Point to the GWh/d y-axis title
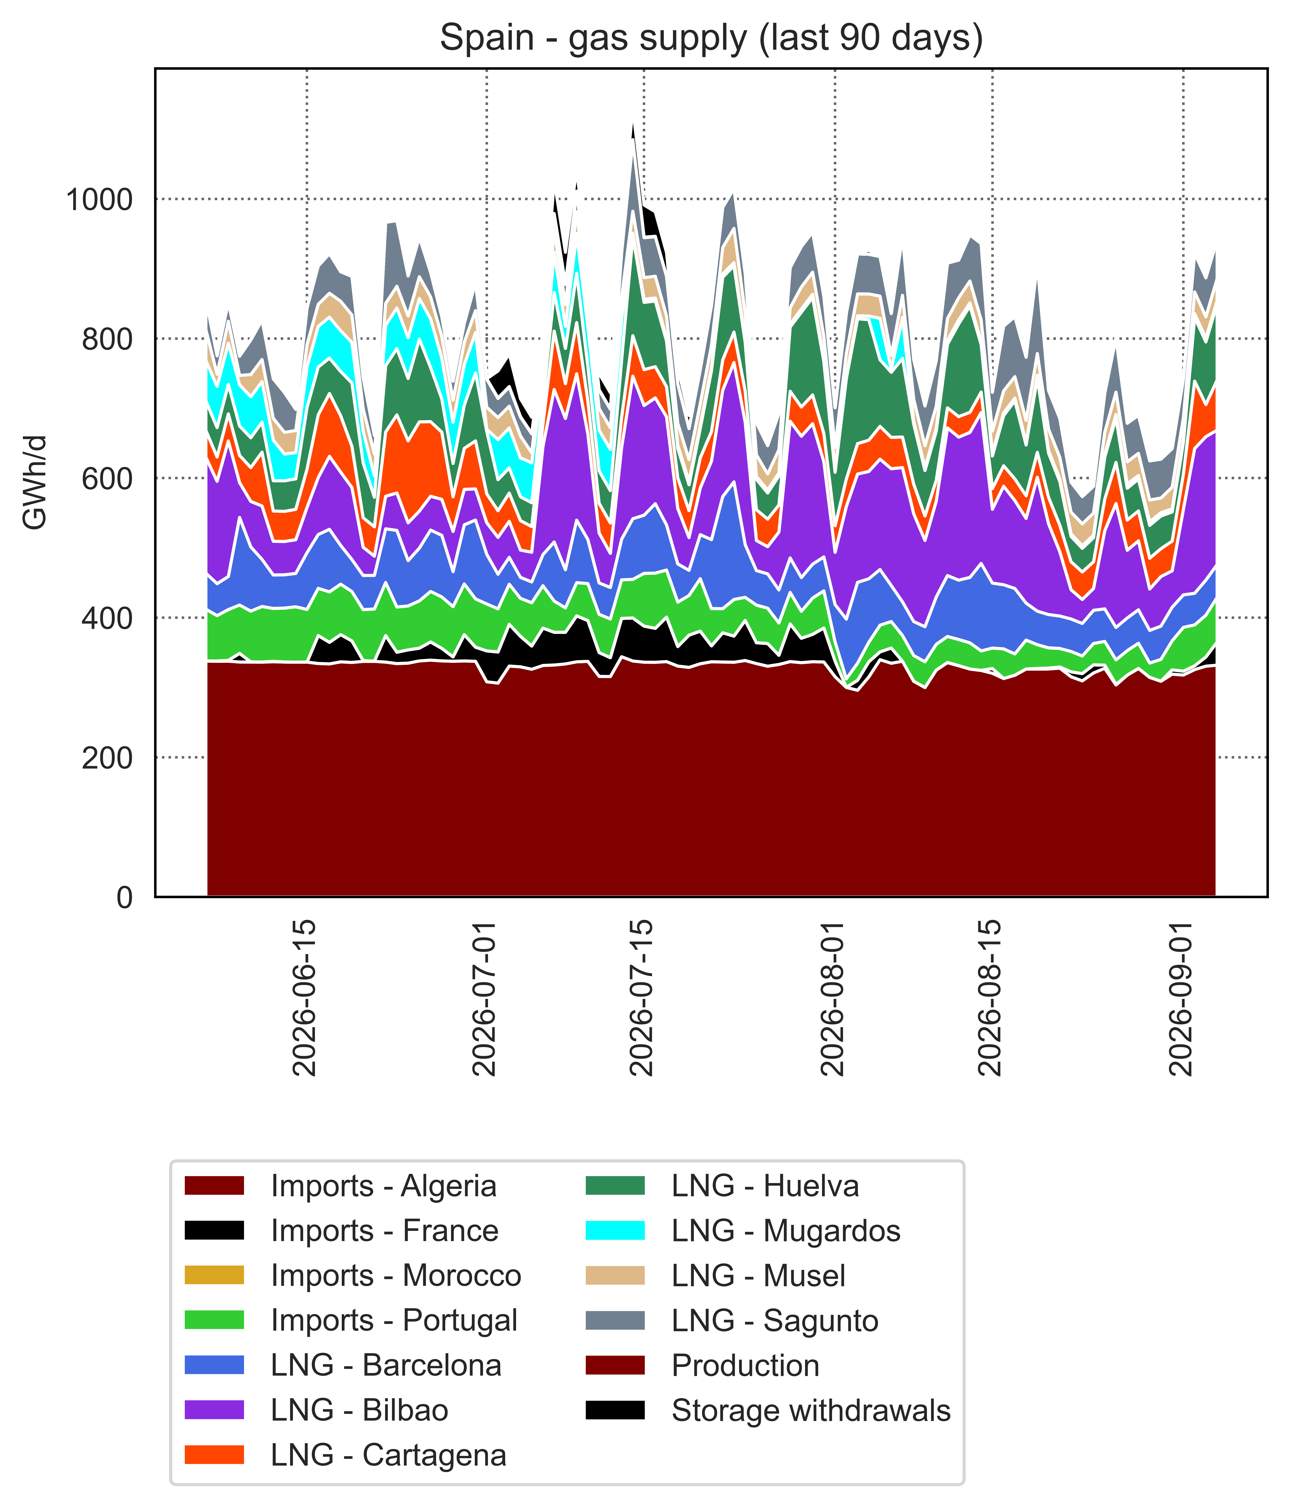coord(35,482)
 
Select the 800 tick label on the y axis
coord(108,339)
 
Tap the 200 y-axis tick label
coord(108,758)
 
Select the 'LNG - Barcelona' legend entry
coord(343,1365)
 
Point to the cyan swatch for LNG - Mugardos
coord(615,1231)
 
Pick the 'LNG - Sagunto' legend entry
coord(732,1320)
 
